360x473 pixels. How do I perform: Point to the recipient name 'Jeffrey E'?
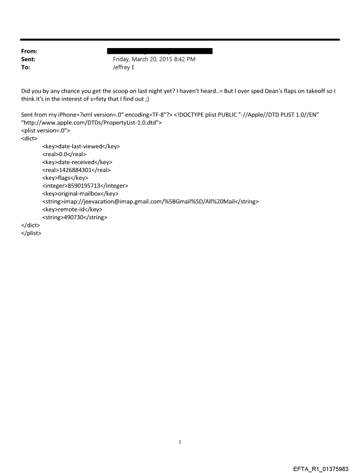tap(124, 67)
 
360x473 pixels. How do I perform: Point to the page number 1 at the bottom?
tap(180, 441)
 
